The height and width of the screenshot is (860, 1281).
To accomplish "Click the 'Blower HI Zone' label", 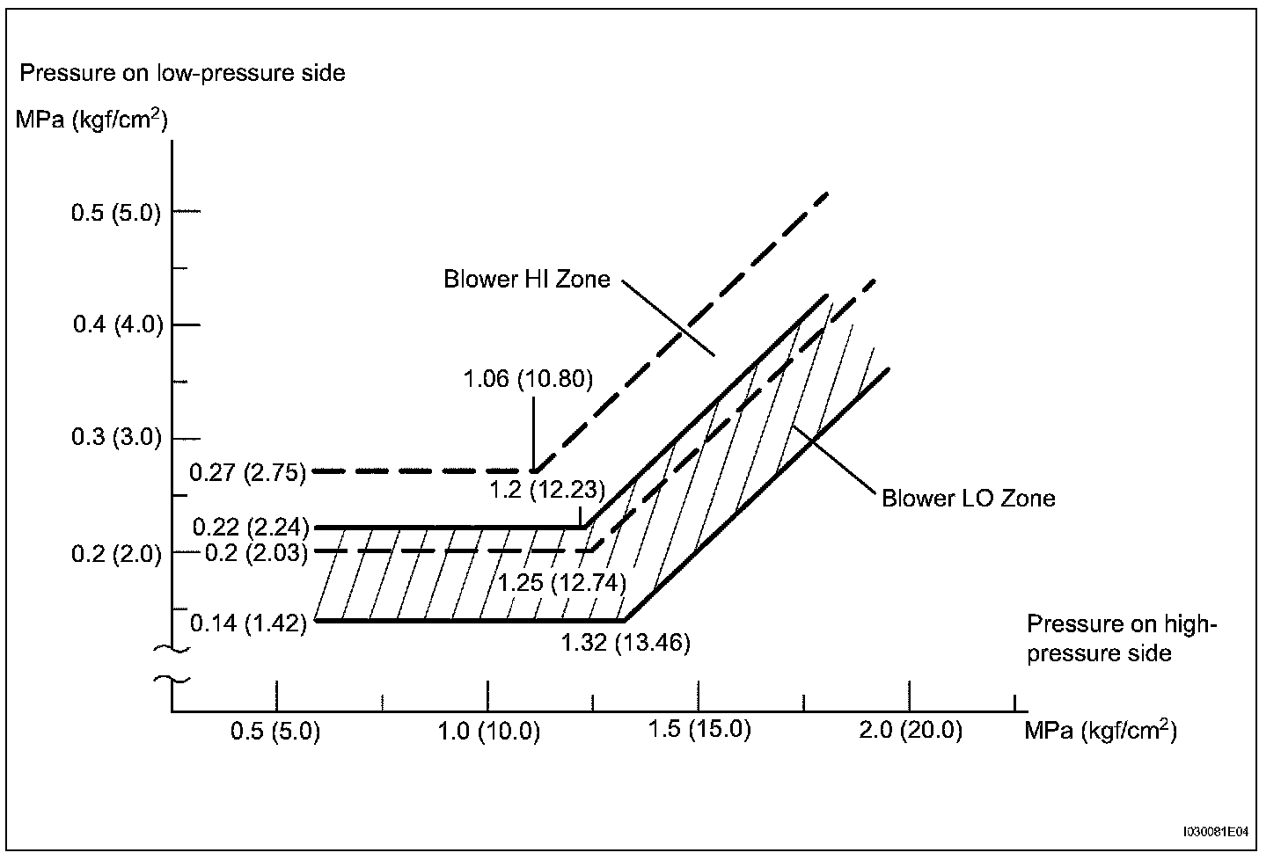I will click(x=526, y=280).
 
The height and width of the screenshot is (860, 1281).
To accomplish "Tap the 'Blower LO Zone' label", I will click(x=968, y=499).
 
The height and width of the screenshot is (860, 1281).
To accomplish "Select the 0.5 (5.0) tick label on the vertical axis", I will click(x=116, y=213).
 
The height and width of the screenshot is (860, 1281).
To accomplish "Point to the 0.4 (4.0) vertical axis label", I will click(x=118, y=325).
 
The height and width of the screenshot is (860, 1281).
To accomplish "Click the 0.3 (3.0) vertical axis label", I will click(x=116, y=438).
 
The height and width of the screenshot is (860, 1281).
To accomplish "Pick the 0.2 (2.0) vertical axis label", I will click(x=116, y=554).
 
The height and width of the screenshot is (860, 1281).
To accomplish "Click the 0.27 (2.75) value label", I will click(x=247, y=473).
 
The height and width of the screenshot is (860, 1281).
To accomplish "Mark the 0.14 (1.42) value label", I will click(x=247, y=623).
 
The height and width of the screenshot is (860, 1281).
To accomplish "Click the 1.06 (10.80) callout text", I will click(x=528, y=380).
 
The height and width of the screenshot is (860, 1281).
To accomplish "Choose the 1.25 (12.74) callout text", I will click(x=561, y=582).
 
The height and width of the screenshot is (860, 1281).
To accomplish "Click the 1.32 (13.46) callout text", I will click(x=626, y=643).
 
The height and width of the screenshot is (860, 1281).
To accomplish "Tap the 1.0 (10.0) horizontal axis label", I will click(x=489, y=732).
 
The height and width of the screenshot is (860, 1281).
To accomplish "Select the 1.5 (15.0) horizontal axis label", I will click(x=699, y=730).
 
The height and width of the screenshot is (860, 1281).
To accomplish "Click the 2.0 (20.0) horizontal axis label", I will click(x=911, y=730).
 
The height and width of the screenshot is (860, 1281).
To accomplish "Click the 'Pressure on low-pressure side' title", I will click(x=182, y=72).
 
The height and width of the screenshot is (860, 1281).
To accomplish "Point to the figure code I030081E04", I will click(x=1217, y=830).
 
